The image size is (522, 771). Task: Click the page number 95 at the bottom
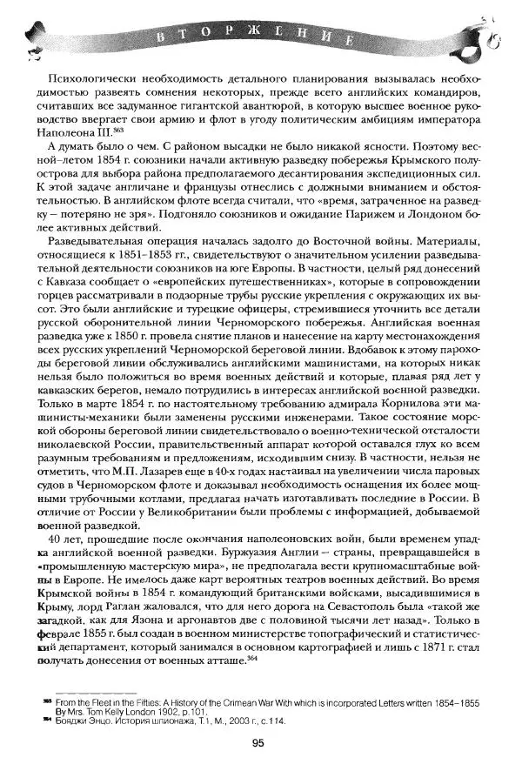click(258, 741)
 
